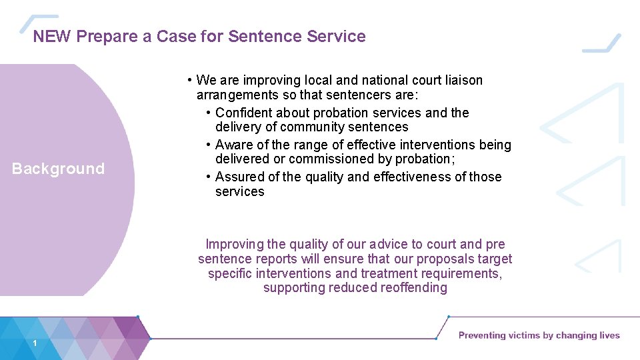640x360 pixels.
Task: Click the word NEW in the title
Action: coord(53,36)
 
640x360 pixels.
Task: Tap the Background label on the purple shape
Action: coord(59,169)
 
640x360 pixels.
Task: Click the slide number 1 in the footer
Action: coord(33,343)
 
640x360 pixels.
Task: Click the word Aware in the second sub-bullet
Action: coord(233,145)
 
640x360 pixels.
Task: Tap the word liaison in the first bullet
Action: coord(461,80)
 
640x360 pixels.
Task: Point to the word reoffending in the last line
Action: coord(413,288)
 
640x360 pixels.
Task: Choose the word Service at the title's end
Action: coord(336,36)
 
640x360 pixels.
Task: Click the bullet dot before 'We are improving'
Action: coord(190,80)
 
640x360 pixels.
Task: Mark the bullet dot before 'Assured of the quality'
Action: coord(209,177)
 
